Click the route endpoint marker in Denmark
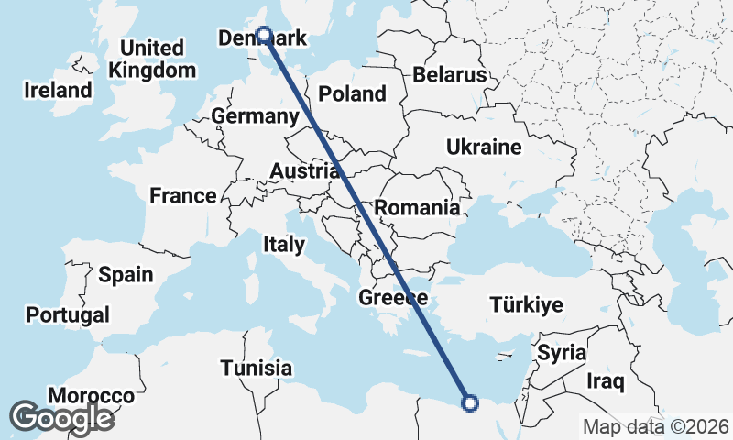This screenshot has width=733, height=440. [263, 35]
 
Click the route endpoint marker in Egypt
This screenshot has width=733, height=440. [470, 401]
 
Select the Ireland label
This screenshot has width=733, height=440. [59, 91]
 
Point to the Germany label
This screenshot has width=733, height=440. [255, 116]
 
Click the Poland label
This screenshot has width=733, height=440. [353, 93]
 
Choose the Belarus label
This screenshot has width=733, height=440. [448, 74]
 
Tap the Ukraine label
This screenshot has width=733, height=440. [484, 147]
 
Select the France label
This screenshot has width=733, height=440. [183, 195]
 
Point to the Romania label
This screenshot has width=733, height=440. [417, 208]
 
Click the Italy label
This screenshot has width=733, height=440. [283, 245]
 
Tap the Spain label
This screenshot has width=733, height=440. [126, 274]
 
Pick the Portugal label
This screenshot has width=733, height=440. [68, 314]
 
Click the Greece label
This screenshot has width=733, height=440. [393, 298]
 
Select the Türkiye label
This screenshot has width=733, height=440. [527, 304]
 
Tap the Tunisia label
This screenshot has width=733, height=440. [257, 368]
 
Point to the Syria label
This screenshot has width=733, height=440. [561, 352]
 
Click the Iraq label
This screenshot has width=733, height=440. [606, 379]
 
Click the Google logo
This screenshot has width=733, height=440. [61, 418]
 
